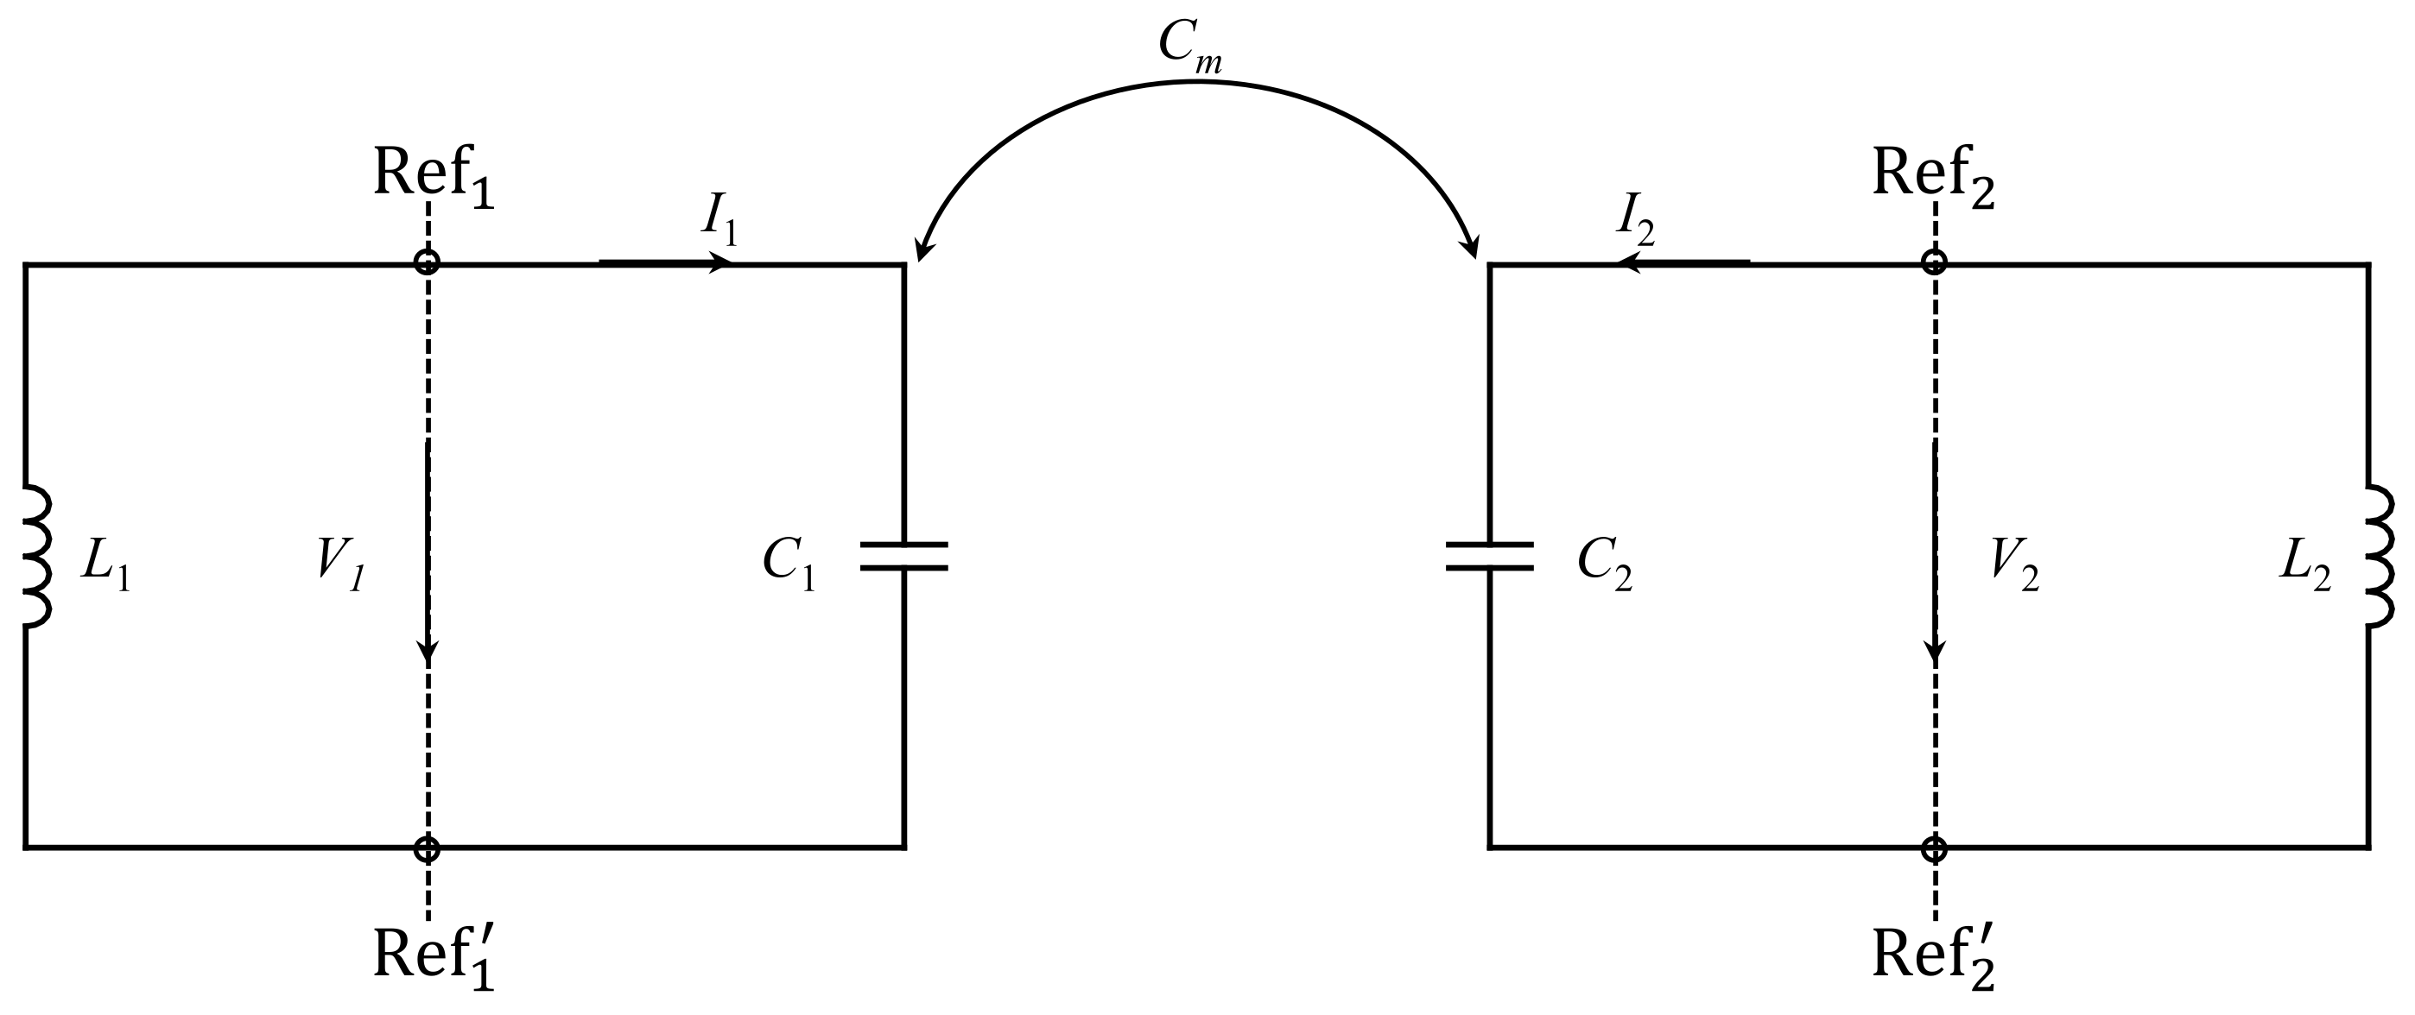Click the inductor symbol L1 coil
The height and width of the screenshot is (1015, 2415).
pos(35,557)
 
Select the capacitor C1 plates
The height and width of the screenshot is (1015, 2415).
pos(903,557)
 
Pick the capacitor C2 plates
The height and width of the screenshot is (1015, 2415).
pos(1490,557)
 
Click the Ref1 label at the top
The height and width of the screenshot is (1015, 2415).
pos(433,175)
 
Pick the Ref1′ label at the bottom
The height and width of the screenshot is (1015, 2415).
pos(433,956)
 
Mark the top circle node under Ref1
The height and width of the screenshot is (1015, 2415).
pos(428,262)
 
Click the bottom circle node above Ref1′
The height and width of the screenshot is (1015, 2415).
pos(428,849)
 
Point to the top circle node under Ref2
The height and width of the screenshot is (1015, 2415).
pos(1934,262)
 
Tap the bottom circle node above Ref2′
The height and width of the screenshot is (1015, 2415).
pos(1934,849)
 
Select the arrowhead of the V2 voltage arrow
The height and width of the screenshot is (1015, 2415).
pos(1935,651)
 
